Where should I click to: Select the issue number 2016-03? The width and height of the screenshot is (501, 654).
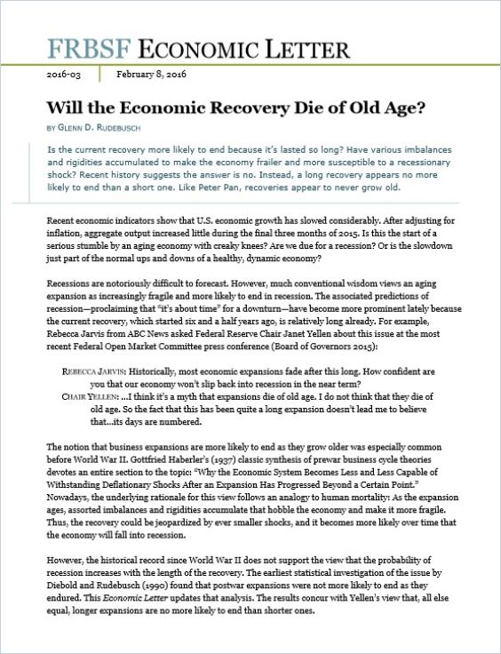63,76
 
